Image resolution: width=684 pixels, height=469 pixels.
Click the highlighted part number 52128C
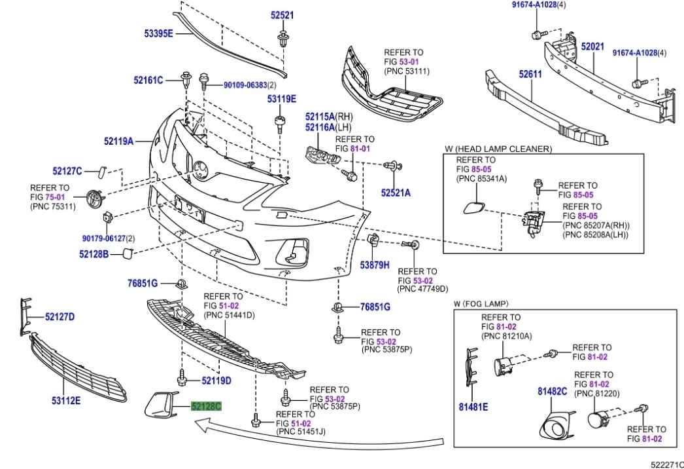[x=206, y=407]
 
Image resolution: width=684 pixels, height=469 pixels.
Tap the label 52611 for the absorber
[x=530, y=75]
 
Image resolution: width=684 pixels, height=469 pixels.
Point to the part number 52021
[x=592, y=47]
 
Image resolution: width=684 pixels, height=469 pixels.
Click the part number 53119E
[x=281, y=99]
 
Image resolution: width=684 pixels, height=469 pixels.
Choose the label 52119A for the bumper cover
[x=118, y=141]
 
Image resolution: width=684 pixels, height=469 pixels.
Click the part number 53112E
[x=65, y=400]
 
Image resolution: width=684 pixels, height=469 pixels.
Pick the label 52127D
[x=60, y=317]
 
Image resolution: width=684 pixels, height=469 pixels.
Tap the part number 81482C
[x=552, y=391]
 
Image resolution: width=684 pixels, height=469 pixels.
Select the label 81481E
[x=473, y=407]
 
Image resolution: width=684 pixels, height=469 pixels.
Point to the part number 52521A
[x=396, y=193]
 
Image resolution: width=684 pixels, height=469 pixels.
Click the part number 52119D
[x=216, y=380]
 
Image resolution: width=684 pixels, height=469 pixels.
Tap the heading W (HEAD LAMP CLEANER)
[x=498, y=149]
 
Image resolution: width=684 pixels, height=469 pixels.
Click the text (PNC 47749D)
[x=422, y=288]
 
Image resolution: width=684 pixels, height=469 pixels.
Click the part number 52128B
[x=94, y=253]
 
